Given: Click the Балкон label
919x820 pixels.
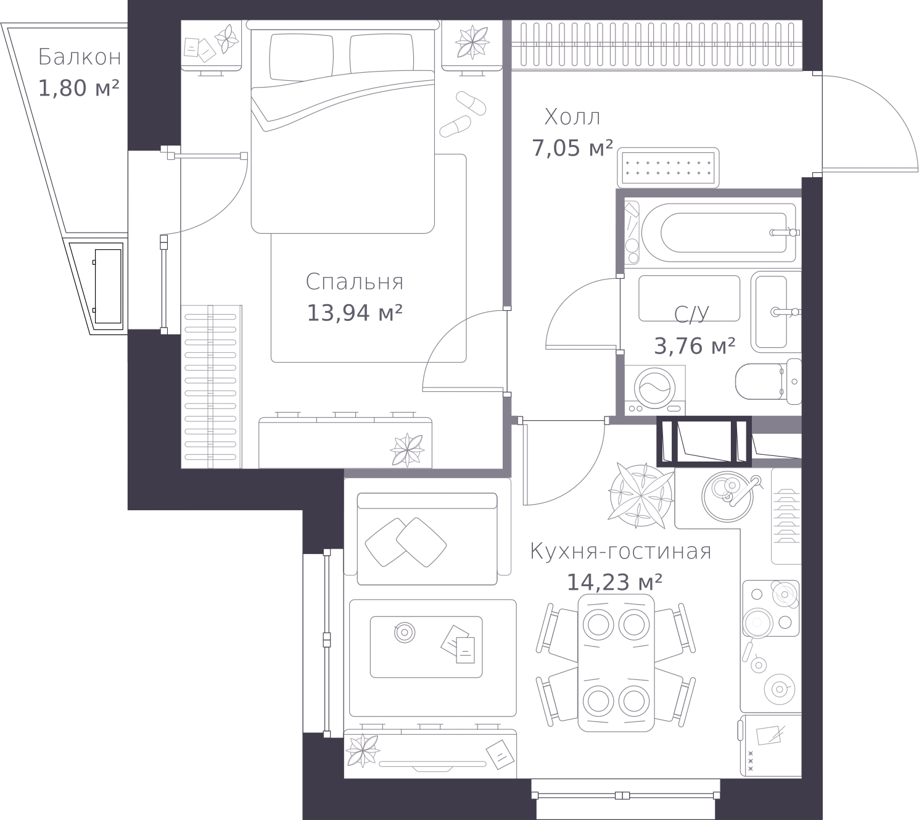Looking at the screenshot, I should [79, 57].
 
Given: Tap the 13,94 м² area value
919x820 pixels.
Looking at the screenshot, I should [355, 313].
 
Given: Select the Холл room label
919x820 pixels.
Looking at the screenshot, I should [572, 117].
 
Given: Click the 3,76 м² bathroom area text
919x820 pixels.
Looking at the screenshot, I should [694, 346].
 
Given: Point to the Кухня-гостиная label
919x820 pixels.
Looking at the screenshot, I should [620, 551].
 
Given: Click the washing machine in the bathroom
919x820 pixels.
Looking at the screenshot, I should [655, 390].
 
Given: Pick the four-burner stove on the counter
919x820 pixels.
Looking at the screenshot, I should [771, 608].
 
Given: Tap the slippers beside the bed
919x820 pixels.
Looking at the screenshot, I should [463, 114].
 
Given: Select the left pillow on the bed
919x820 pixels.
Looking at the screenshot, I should [302, 56].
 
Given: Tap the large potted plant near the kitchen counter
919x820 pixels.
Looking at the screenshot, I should [641, 494].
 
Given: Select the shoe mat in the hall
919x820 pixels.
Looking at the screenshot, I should [668, 168].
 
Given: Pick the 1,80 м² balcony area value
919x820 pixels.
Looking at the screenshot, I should [79, 88].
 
